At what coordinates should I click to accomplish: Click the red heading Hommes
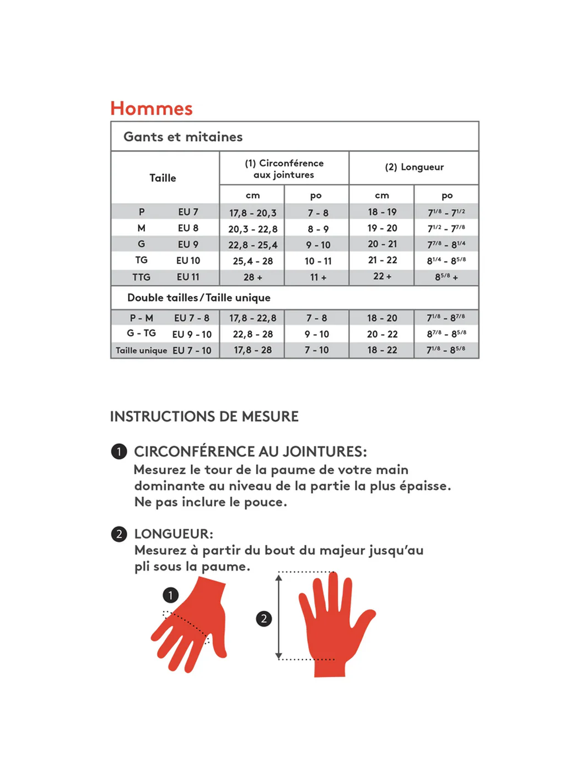tap(152, 108)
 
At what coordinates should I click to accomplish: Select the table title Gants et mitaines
tap(183, 137)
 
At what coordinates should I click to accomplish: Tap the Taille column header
tap(163, 178)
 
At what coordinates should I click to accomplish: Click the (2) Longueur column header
tap(414, 167)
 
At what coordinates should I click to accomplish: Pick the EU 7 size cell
tap(188, 212)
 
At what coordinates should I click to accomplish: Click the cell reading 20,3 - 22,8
tap(252, 229)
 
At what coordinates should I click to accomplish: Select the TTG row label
tap(141, 277)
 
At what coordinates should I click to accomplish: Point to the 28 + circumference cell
tap(252, 278)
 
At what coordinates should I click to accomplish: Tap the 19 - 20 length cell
tap(382, 228)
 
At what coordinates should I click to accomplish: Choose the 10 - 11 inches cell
tap(318, 261)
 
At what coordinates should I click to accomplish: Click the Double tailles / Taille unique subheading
tap(198, 298)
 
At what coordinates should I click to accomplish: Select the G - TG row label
tap(141, 333)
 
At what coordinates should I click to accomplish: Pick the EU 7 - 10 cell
tap(192, 350)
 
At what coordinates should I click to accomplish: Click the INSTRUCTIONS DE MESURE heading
tap(204, 416)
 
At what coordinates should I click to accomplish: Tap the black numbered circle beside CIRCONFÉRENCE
tap(119, 452)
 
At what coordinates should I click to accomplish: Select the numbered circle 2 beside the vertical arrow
tap(264, 618)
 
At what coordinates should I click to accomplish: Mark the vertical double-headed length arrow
tap(279, 617)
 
